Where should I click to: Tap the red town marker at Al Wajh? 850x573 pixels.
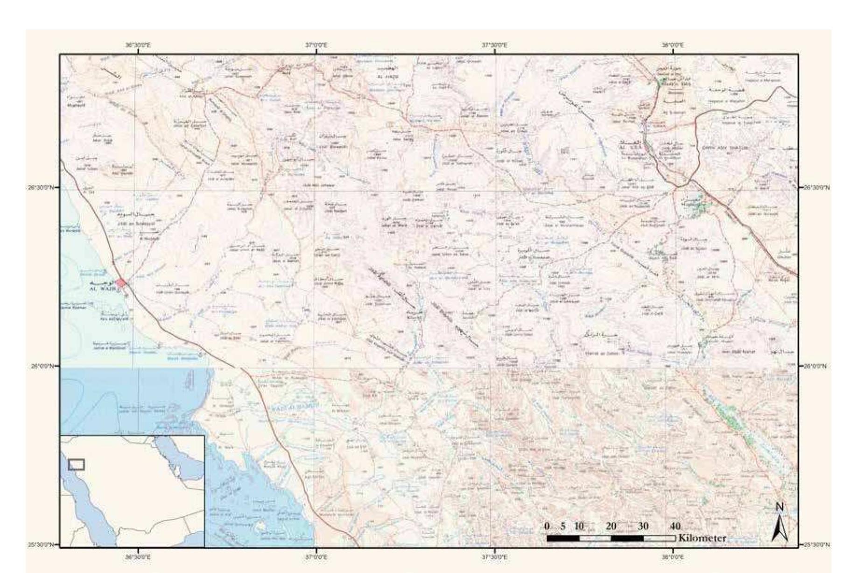tap(121, 283)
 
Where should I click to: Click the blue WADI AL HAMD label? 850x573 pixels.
tap(294, 407)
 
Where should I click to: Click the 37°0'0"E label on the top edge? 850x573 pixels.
tap(316, 45)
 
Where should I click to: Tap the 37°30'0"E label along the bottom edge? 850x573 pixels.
tap(494, 557)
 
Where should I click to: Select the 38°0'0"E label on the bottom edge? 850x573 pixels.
tap(673, 557)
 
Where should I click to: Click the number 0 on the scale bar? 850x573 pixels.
tap(547, 526)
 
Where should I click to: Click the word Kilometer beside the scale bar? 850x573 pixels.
tap(702, 538)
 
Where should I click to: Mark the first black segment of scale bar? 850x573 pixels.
tap(563, 538)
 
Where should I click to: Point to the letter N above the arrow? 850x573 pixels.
tap(779, 507)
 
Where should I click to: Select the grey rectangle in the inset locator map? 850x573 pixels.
tap(77, 464)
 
